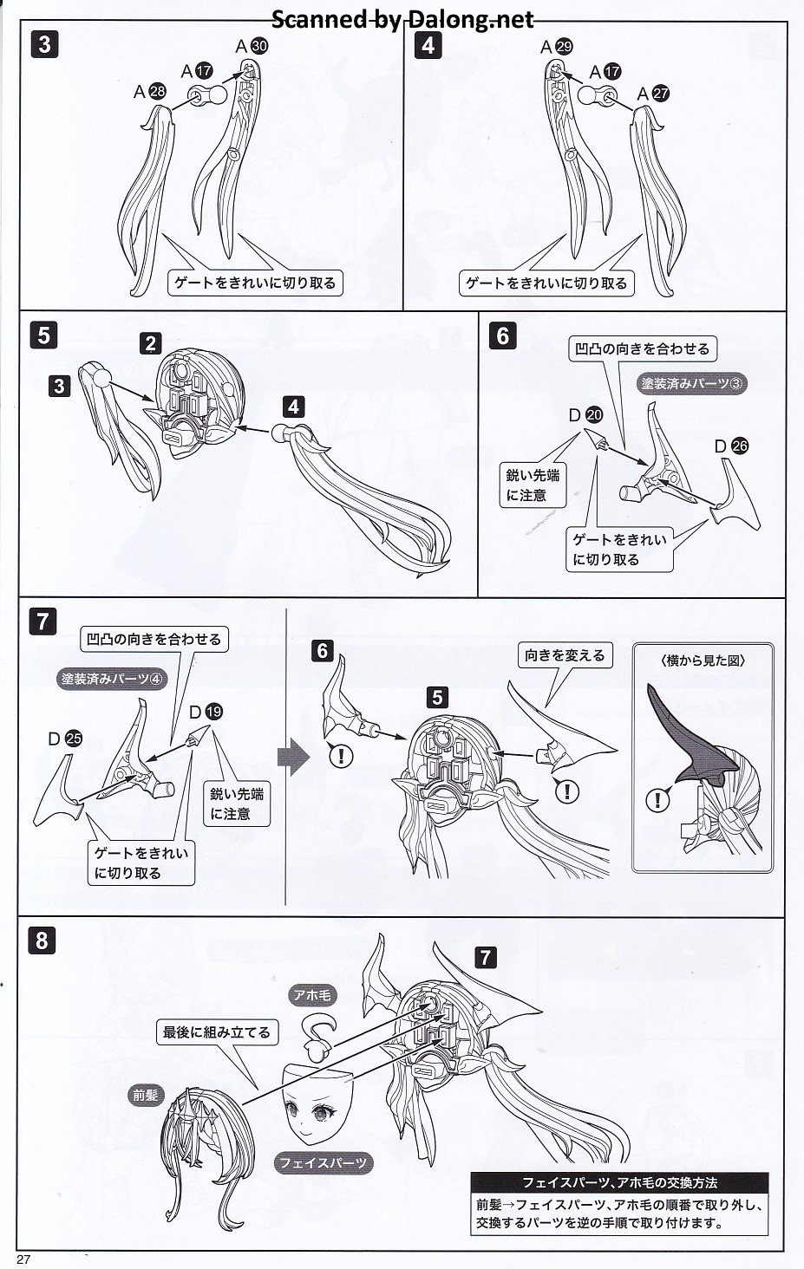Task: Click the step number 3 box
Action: [x=44, y=44]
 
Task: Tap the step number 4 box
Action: [x=428, y=44]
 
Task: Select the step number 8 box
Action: [x=42, y=940]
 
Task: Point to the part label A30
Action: [x=252, y=46]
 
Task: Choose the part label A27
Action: [x=653, y=93]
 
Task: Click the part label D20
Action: [x=585, y=415]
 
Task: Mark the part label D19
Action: [x=206, y=712]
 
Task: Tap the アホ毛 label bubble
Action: [x=312, y=995]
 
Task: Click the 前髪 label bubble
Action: [x=146, y=1095]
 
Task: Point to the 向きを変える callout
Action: [x=565, y=655]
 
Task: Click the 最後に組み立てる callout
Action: [x=217, y=1031]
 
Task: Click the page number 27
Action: [x=23, y=1259]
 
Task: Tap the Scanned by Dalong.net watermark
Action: [x=402, y=18]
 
